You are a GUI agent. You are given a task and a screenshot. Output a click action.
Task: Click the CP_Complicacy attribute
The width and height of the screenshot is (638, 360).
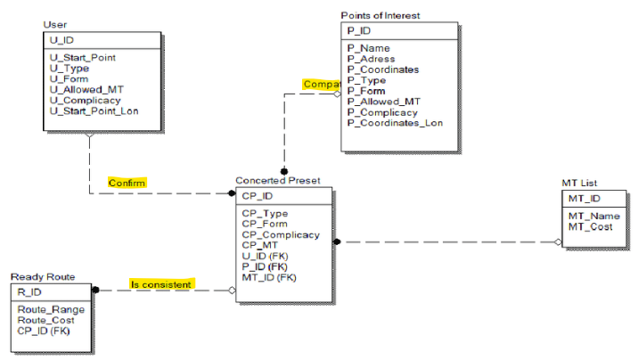280,234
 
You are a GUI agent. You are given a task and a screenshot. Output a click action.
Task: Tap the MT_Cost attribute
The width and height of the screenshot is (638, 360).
592,226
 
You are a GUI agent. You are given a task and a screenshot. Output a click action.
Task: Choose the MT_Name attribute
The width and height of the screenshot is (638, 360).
593,216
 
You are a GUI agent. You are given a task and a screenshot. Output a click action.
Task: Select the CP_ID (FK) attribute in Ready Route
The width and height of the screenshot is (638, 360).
44,331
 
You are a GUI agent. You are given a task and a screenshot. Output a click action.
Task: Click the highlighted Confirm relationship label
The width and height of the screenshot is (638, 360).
127,183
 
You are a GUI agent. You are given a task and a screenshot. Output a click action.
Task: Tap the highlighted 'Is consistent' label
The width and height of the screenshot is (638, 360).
160,284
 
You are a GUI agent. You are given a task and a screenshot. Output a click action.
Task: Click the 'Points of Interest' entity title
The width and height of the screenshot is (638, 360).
380,15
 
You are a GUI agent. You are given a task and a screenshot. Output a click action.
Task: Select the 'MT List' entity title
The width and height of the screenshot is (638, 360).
578,183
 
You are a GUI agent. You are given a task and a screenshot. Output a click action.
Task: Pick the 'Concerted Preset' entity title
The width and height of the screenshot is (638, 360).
276,180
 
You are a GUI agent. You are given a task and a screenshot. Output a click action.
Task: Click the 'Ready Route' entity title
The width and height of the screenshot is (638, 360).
42,276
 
